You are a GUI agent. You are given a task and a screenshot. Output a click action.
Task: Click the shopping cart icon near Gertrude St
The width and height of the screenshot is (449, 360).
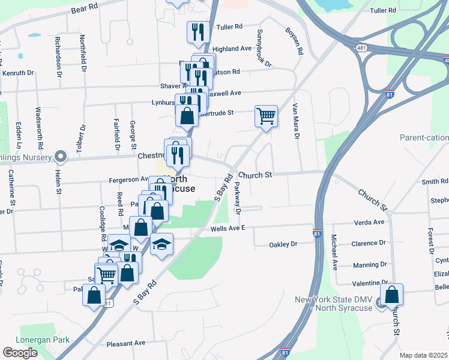(266, 116)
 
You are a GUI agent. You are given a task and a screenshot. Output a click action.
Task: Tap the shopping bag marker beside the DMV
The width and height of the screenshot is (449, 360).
(391, 295)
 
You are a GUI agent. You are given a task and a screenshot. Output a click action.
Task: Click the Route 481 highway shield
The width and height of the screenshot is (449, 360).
(361, 48)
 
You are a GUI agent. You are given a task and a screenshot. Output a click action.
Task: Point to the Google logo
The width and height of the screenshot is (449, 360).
(20, 352)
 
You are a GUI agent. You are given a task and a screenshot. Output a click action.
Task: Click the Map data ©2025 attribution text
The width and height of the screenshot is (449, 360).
(423, 355)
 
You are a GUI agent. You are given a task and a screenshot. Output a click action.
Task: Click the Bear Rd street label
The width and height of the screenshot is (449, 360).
(84, 8)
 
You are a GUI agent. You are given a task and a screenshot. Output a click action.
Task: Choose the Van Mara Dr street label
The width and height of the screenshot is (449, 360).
(295, 120)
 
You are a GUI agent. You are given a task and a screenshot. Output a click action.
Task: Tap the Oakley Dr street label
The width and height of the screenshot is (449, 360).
(283, 244)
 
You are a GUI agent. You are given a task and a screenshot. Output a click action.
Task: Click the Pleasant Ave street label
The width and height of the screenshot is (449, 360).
(126, 344)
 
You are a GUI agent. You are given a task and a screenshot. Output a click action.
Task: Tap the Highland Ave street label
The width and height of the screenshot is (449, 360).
(232, 49)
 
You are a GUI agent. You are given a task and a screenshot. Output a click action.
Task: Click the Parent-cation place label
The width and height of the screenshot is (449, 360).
(424, 137)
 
